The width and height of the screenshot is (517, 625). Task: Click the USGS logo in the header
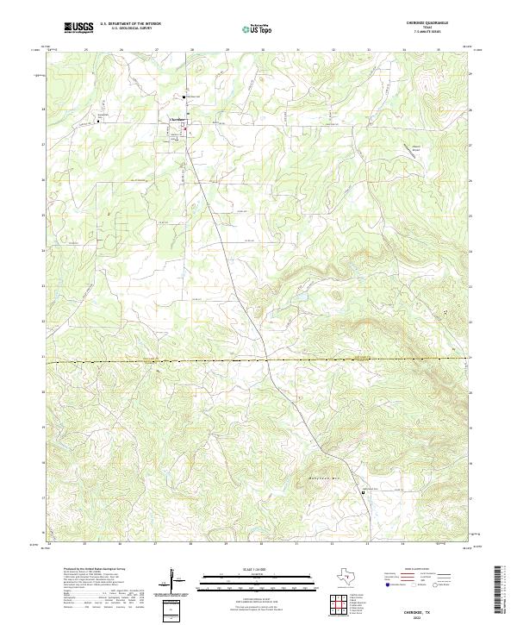pos(78,27)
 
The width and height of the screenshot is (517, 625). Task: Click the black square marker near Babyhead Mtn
pos(363,492)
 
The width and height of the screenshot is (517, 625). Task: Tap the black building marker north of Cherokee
pos(184,96)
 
